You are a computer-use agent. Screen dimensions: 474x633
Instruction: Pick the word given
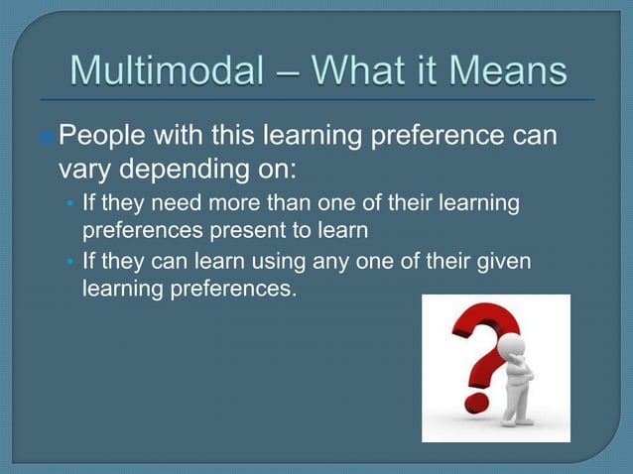(506, 262)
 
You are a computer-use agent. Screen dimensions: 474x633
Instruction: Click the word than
(282, 204)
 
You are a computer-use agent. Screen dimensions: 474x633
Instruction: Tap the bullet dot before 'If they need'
(68, 205)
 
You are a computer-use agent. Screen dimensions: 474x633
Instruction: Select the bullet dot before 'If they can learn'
(68, 263)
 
